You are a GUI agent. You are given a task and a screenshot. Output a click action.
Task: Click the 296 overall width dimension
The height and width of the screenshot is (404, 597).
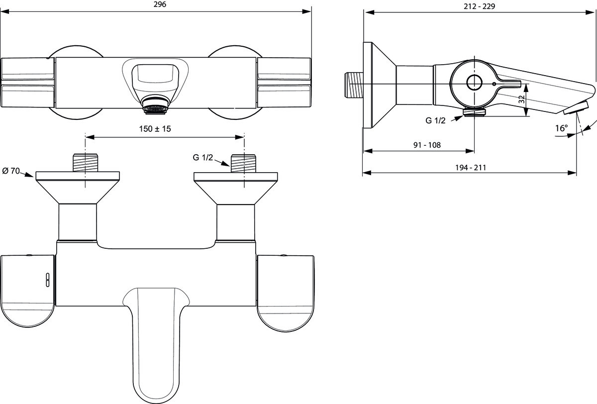coord(160,4)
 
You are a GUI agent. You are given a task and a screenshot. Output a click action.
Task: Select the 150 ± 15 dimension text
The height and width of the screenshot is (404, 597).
coord(155,129)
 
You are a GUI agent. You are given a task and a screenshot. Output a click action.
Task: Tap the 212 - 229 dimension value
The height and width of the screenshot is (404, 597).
coord(479,6)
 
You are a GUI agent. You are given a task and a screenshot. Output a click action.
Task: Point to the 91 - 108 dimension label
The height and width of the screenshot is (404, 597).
coord(427,145)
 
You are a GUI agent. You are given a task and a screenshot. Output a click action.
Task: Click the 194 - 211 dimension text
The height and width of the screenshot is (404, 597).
coord(471,168)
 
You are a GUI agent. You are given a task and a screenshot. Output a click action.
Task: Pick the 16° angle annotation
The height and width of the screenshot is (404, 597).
coord(561,128)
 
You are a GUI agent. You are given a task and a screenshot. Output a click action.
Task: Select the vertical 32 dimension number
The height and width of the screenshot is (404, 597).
coord(522,100)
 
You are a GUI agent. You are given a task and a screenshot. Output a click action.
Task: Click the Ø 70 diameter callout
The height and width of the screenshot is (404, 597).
coord(11,171)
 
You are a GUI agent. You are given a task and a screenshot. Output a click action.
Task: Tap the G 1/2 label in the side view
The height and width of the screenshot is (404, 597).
coord(435,121)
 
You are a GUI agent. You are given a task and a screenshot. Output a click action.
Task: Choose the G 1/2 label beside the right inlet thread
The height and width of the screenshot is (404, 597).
coord(203,158)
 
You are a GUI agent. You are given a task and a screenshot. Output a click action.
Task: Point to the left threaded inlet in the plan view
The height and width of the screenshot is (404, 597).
coord(85,163)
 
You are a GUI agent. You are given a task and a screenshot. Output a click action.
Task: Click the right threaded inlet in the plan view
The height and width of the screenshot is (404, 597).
coord(243,163)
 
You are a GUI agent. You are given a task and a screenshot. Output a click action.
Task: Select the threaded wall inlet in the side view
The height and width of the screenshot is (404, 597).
coord(354,85)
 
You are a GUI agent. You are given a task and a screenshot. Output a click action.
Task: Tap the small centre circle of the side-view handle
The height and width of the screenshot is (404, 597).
coord(475,83)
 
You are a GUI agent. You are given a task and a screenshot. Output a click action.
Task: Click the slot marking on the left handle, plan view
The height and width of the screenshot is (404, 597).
coord(48,280)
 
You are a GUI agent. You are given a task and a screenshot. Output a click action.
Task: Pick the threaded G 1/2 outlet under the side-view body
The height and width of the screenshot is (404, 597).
coord(475,111)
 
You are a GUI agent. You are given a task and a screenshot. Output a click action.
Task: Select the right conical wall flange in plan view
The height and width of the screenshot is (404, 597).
coord(236,188)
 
